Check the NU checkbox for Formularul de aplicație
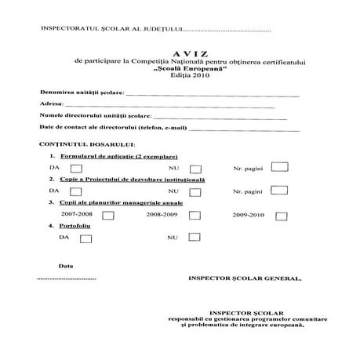[195, 169]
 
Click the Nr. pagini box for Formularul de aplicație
[279, 167]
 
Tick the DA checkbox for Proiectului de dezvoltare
[76, 191]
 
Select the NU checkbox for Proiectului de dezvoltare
[195, 191]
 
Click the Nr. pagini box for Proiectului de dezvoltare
[279, 191]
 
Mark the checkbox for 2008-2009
[196, 214]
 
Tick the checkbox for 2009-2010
[281, 214]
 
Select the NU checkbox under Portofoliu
[195, 237]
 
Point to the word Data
[66, 265]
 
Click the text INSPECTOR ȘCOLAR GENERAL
[244, 278]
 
